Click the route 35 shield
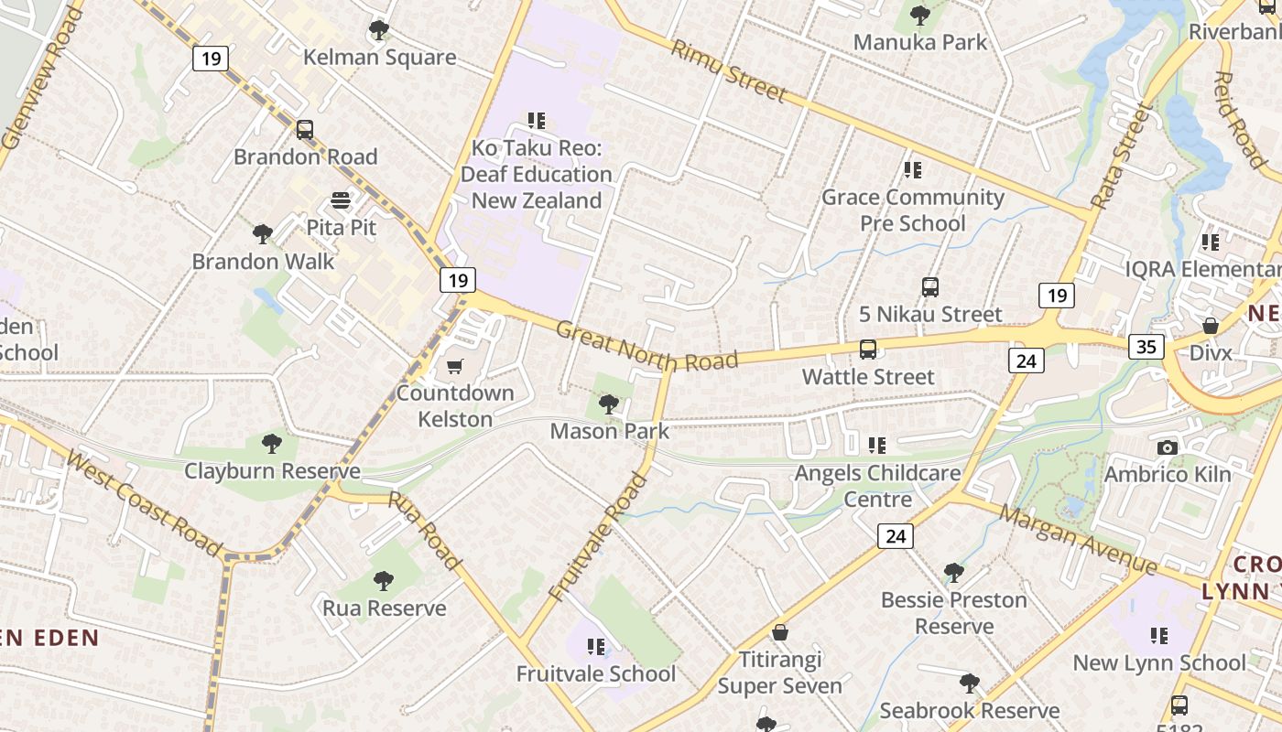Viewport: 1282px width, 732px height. (1146, 346)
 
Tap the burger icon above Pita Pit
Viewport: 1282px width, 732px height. (341, 200)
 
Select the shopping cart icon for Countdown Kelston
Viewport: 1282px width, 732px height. (454, 367)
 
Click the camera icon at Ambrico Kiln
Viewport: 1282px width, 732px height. (1167, 447)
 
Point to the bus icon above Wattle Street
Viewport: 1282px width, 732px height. (867, 350)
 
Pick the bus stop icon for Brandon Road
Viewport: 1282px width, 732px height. (305, 130)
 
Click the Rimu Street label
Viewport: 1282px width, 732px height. (729, 70)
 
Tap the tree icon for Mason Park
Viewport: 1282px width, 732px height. (608, 404)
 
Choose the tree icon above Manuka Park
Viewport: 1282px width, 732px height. (920, 15)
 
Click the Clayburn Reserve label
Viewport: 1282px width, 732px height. (272, 471)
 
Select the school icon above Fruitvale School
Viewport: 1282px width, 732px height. (596, 647)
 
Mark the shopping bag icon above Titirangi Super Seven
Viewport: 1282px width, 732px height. (780, 632)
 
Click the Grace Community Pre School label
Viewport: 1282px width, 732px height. (912, 210)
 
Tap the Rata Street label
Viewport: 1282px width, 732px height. (1119, 156)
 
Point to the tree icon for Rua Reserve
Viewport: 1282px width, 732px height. (384, 581)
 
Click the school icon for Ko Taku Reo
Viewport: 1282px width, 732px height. (537, 120)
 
